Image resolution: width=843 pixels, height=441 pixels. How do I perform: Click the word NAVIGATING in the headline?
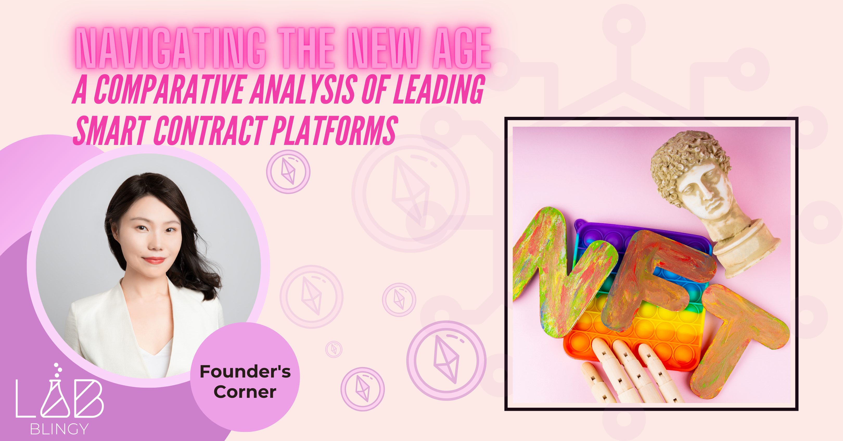pos(170,48)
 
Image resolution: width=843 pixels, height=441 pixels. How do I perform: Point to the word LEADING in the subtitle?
pos(439,89)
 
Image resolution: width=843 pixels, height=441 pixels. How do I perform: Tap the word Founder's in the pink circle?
pos(245,372)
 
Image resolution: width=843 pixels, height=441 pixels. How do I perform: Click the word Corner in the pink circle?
pos(245,392)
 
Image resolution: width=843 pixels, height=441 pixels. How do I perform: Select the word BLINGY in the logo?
pos(59,429)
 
